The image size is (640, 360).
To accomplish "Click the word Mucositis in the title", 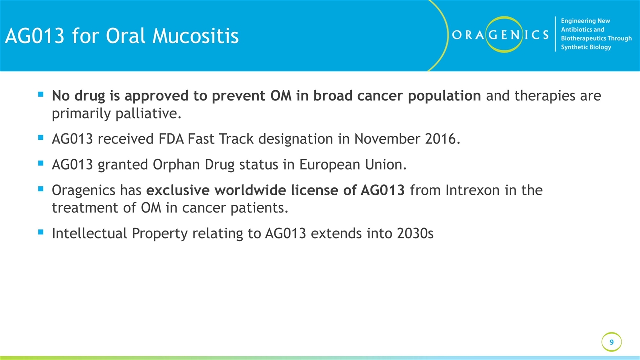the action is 195,36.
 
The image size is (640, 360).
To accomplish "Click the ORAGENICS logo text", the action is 500,35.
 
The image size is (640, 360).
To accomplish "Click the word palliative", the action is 148,114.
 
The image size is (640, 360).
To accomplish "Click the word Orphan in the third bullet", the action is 179,165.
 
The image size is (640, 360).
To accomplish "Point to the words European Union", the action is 353,165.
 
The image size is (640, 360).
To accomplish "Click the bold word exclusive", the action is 178,190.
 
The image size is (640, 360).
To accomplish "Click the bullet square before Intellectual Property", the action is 41,232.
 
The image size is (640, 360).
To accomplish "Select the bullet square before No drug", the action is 41,94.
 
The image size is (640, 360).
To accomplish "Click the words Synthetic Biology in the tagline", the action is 586,47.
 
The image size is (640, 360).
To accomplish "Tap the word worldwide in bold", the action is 250,190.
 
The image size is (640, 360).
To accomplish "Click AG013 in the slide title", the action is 35,36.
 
